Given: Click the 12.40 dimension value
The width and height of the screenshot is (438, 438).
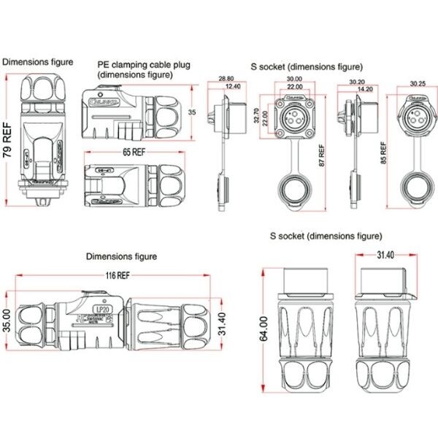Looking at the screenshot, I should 234,87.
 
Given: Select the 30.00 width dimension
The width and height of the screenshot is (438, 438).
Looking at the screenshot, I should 295,79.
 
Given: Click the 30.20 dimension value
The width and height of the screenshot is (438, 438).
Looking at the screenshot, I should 358,82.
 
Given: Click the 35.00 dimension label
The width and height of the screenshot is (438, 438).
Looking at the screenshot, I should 6,320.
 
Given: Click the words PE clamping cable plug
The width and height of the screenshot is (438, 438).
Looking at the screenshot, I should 144,65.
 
